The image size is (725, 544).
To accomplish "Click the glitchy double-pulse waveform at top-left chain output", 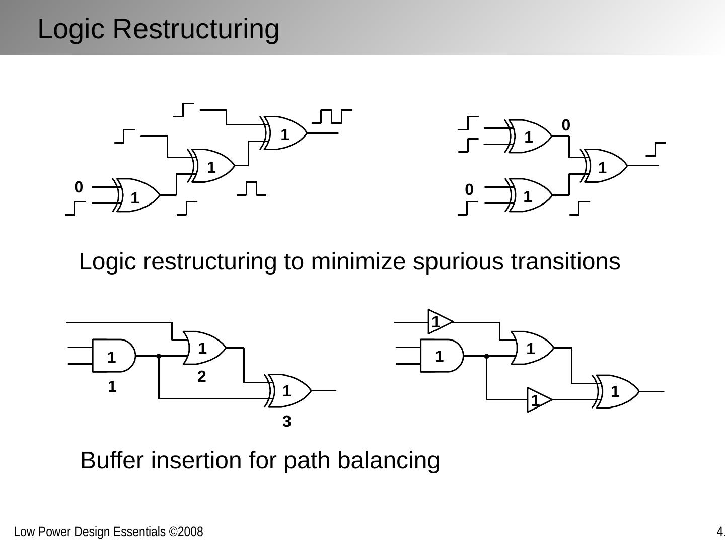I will click(332, 116).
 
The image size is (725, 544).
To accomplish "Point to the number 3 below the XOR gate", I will click(286, 422).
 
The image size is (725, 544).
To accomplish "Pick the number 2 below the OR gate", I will click(201, 377).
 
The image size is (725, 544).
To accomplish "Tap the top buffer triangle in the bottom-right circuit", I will click(439, 321).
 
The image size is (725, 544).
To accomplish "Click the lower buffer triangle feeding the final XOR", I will click(538, 400).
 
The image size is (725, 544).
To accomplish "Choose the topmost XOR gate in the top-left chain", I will click(285, 133).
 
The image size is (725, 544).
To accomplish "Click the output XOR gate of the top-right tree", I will click(604, 166).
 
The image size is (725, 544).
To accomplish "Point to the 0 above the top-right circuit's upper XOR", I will click(566, 125).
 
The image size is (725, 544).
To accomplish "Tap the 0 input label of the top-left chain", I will click(79, 187).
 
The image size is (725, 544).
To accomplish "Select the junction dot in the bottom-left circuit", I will click(159, 356).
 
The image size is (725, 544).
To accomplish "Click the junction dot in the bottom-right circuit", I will click(487, 356).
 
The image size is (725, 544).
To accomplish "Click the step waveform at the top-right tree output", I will click(656, 150).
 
